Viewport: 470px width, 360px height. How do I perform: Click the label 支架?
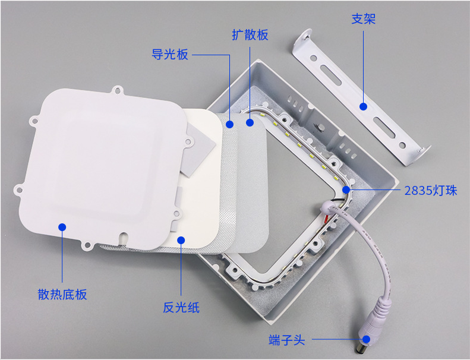click(x=363, y=19)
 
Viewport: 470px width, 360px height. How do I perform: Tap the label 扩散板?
click(x=250, y=35)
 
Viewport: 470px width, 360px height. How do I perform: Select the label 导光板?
click(x=170, y=55)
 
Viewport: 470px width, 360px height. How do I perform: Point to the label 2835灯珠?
click(x=431, y=190)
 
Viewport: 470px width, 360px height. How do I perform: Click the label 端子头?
click(x=287, y=340)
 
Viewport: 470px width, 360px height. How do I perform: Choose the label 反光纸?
click(x=181, y=308)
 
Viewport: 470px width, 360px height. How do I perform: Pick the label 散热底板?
click(x=62, y=294)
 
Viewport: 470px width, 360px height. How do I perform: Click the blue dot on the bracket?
click(x=363, y=106)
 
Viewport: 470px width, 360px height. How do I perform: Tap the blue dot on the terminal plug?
click(x=366, y=339)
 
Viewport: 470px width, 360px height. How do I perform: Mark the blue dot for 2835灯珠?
click(x=346, y=190)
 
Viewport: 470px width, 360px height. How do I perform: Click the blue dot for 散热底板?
click(x=62, y=227)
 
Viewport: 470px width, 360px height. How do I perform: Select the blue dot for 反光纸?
click(x=181, y=240)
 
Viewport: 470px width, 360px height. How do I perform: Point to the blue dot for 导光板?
click(x=230, y=124)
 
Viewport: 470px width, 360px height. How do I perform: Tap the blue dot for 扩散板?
click(x=250, y=122)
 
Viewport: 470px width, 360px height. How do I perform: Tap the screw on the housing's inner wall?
click(x=320, y=127)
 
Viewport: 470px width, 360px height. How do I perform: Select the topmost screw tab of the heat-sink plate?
click(x=118, y=90)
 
